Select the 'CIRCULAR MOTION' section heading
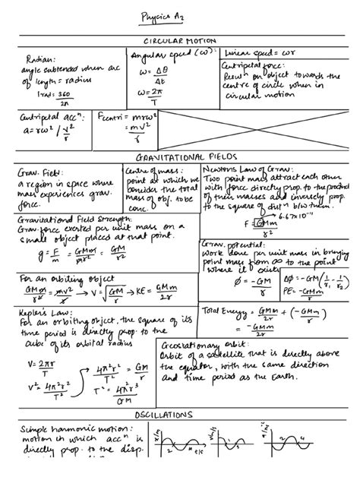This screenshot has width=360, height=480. click(180, 41)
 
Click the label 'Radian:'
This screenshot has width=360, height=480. click(39, 58)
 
